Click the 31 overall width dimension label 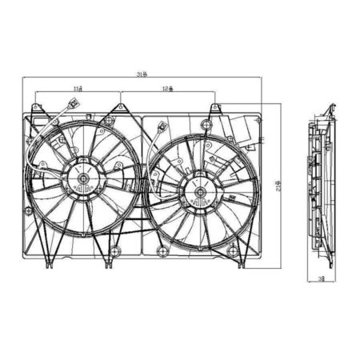point(142,75)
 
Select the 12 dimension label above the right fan point(166,89)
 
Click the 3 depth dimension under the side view point(321,281)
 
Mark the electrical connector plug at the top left point(70,104)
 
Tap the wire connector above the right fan point(162,126)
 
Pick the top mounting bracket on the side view point(327,112)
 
